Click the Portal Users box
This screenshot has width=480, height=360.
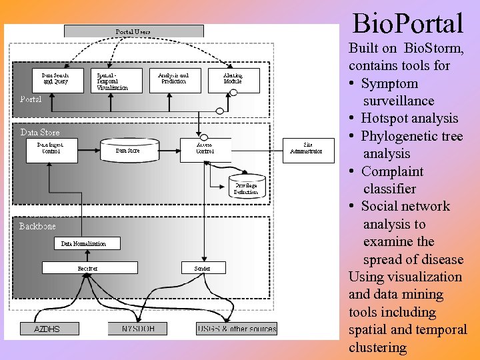(x=133, y=31)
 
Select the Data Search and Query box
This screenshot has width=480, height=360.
(x=59, y=80)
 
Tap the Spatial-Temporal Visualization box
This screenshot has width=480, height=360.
(x=117, y=80)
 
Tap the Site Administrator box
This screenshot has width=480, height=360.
(x=308, y=150)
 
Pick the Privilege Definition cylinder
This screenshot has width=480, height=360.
(x=246, y=186)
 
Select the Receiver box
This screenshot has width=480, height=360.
(x=87, y=268)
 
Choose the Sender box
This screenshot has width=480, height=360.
(x=203, y=268)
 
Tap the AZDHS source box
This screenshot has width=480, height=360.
(x=47, y=329)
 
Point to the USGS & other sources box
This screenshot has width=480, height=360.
(x=237, y=329)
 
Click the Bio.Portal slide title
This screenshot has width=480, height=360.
(x=407, y=24)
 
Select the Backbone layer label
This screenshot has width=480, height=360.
(x=37, y=227)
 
